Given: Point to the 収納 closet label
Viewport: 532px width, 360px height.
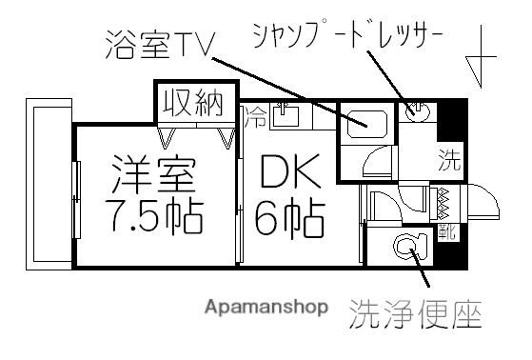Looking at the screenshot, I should pos(190,102).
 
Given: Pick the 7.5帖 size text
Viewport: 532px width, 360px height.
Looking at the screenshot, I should pos(153,218).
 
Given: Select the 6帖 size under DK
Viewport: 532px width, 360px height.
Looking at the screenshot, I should pos(290,218).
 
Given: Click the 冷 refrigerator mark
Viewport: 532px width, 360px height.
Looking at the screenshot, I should pos(257,118).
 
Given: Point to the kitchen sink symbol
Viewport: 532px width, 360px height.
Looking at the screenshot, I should pos(286,117).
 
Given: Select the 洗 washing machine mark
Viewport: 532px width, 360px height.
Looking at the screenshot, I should pos(446,158).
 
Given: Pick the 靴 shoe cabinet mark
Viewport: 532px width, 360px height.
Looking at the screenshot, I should pos(444,230).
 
